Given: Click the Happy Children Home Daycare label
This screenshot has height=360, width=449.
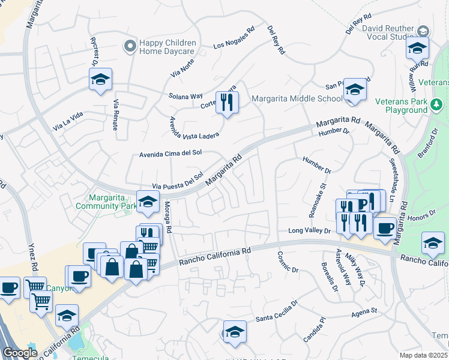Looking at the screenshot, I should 167,47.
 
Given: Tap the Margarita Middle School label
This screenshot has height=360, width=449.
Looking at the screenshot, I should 297,99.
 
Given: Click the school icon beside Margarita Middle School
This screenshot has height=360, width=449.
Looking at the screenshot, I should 355,90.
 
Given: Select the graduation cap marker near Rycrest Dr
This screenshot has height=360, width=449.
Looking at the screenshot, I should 101,79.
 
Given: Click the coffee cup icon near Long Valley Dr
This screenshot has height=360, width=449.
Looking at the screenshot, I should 385,227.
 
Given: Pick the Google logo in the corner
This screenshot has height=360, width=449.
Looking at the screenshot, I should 20,353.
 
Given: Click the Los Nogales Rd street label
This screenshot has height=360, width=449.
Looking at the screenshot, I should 234,38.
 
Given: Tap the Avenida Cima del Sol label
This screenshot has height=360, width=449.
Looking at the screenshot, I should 169,154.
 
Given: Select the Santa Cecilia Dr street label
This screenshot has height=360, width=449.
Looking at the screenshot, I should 277,313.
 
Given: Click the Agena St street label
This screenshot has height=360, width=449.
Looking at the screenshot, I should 364,311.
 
